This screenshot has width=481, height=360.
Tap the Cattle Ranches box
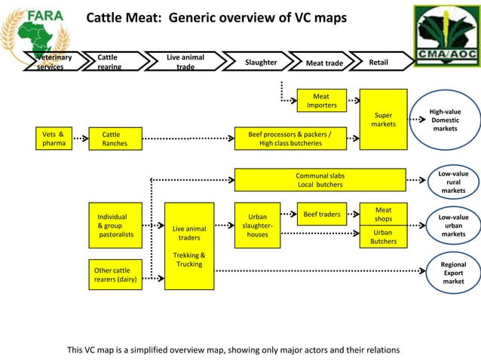[x=115, y=139]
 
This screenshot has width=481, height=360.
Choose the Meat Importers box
[x=322, y=100]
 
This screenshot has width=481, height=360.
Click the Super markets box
[x=383, y=119]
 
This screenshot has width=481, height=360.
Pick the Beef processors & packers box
[x=290, y=139]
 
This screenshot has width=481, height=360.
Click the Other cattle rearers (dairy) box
[x=115, y=276]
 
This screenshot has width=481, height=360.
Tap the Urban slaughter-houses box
[x=258, y=226]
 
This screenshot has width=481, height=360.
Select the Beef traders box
[x=322, y=215]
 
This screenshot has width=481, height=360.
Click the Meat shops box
[x=383, y=214]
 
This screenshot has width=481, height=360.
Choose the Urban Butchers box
[x=383, y=237]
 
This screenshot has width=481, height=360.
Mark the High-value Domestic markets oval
[x=445, y=121]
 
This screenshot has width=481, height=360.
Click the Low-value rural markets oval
[x=453, y=182]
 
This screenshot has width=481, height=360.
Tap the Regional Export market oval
[x=453, y=273]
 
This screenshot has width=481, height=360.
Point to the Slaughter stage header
[x=261, y=63]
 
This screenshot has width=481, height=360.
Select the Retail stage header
[x=378, y=63]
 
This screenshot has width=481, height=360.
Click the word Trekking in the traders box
[x=189, y=255]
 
